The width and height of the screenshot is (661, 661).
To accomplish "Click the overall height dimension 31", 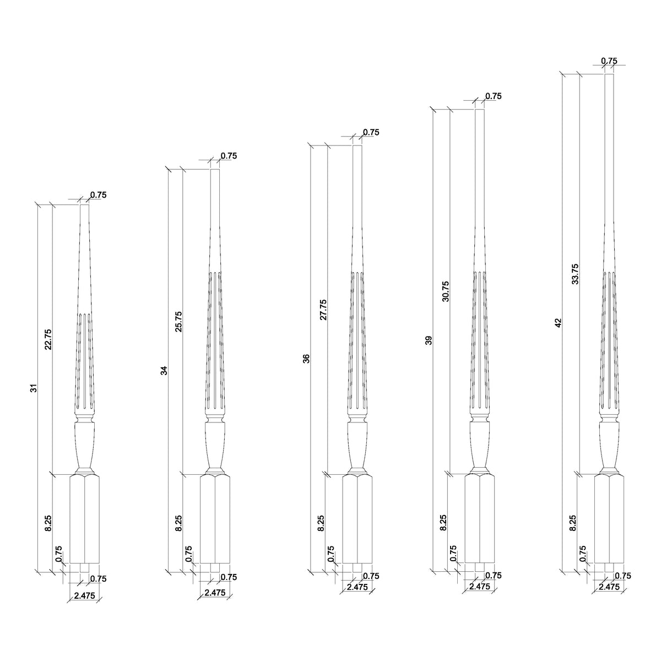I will click(x=34, y=388).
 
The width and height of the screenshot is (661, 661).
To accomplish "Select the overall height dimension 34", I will click(x=164, y=370).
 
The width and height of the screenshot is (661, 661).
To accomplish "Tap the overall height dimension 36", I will click(x=306, y=359).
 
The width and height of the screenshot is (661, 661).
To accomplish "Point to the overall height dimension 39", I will click(x=429, y=340).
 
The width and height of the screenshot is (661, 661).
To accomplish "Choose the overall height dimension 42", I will click(x=558, y=323).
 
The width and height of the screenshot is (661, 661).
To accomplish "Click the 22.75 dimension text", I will click(x=48, y=339).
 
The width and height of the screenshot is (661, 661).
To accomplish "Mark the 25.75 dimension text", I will click(x=178, y=322).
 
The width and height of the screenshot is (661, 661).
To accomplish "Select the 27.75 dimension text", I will click(x=322, y=310).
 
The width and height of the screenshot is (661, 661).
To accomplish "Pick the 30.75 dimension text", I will click(x=446, y=291).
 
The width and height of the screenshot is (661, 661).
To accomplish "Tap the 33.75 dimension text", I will click(x=575, y=274).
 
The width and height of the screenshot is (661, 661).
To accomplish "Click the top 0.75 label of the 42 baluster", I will click(x=609, y=61).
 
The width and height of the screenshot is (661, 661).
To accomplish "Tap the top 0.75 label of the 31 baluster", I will click(x=98, y=194).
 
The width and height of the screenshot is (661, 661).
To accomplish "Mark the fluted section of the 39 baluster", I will click(x=480, y=342).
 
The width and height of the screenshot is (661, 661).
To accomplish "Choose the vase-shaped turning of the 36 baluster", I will click(x=357, y=443).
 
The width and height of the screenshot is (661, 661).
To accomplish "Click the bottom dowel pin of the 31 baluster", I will click(x=85, y=567).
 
